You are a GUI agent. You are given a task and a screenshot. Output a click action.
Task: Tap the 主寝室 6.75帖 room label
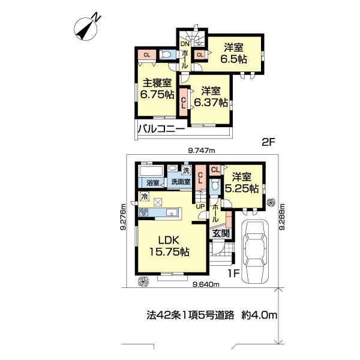click(157, 88)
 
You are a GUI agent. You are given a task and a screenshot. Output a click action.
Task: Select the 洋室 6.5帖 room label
click(233, 53)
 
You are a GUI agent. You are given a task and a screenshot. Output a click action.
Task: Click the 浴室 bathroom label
click(152, 182)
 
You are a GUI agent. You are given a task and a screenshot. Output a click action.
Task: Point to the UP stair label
click(200, 208)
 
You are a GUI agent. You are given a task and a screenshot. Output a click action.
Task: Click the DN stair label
click(185, 43)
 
